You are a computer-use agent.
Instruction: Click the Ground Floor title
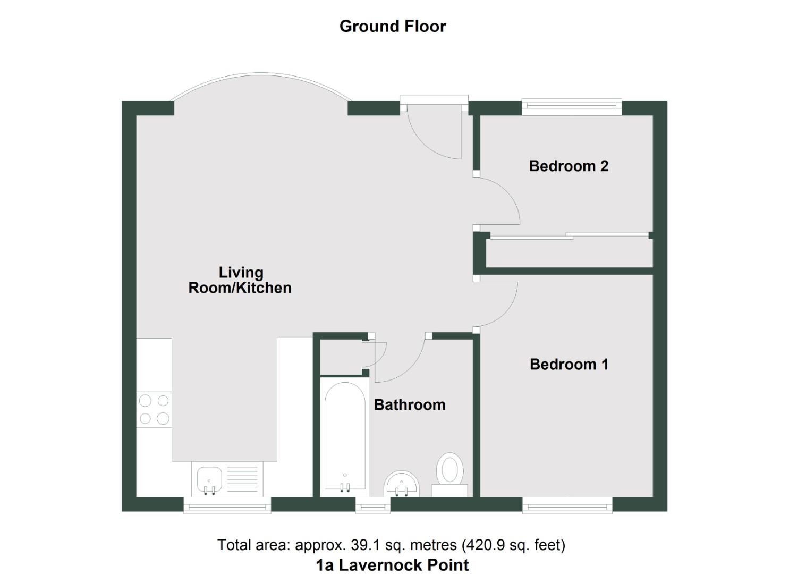[x=393, y=26]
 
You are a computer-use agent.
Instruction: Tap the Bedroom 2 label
[x=568, y=166]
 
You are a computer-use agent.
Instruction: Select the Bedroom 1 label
[x=569, y=364]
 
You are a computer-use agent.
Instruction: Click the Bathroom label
[x=409, y=404]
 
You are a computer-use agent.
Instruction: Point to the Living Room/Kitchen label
[x=240, y=280]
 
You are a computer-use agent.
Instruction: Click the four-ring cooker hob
[x=154, y=409]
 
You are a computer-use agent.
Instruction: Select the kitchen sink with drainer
[x=227, y=479]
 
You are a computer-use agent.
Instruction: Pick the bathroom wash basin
[x=402, y=484]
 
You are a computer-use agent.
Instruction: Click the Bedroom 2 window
[x=571, y=107]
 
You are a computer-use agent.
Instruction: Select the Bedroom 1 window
[x=567, y=505]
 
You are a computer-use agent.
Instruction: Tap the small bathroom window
[x=372, y=505]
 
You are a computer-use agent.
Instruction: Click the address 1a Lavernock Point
[x=392, y=564]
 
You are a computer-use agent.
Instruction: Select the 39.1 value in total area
[x=362, y=545]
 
